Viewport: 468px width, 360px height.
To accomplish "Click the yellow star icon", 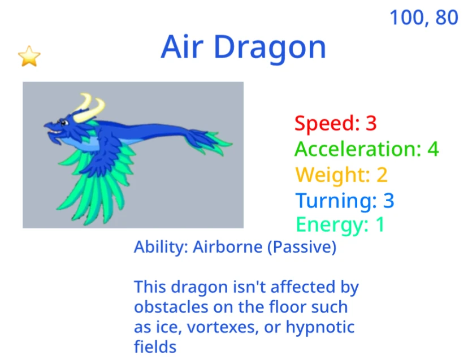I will point(29,56).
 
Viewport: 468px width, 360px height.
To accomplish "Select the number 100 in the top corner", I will point(406,18).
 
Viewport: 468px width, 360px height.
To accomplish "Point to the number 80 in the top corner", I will point(446,18).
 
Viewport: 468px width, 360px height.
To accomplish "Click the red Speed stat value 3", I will point(371,123).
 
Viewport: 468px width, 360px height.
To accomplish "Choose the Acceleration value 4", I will point(433,149).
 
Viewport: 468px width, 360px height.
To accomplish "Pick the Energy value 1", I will point(380,224).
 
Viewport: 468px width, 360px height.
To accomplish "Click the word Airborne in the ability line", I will point(228,247).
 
